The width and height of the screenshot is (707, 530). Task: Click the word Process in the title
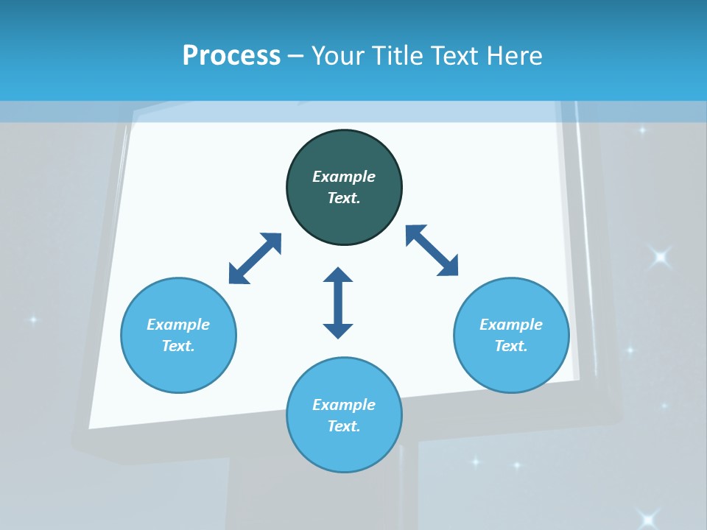pos(231,56)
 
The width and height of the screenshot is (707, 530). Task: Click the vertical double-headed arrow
pos(338,303)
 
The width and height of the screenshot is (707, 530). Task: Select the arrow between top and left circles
pos(255,258)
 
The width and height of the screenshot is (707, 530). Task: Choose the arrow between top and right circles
pos(432,250)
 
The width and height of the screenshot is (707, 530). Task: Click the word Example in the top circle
pos(344,177)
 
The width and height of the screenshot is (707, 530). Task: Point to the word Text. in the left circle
pos(178,346)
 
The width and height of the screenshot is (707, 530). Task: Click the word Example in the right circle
pos(511,325)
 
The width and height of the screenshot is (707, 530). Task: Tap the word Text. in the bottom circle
pos(344,426)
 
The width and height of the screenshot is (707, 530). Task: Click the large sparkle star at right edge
pos(660,257)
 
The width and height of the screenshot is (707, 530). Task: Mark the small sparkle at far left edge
pos(32,319)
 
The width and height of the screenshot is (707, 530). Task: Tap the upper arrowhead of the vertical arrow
pos(338,275)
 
